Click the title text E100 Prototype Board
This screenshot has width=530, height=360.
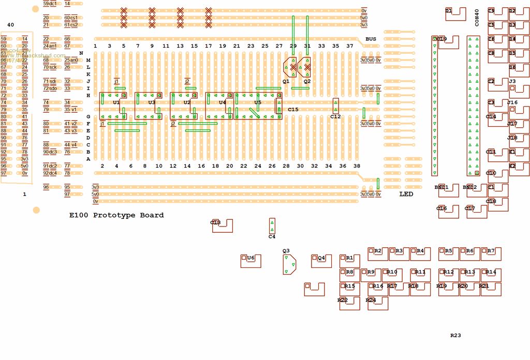click(x=116, y=215)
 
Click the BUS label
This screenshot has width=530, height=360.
click(x=371, y=39)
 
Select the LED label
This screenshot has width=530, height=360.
click(x=406, y=194)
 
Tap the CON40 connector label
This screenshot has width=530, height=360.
click(x=477, y=18)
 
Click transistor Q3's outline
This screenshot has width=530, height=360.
click(x=289, y=264)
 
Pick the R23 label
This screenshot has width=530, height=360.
click(x=455, y=336)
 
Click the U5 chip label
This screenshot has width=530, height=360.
click(x=258, y=102)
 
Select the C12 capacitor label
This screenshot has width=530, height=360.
click(x=335, y=117)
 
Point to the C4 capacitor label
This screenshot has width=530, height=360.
click(x=272, y=237)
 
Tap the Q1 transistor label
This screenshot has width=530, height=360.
click(x=286, y=82)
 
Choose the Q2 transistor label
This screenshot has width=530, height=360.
click(x=307, y=82)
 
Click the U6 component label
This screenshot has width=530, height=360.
click(x=251, y=258)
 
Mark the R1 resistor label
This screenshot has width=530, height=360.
click(x=349, y=258)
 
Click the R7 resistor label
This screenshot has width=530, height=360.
click(x=491, y=251)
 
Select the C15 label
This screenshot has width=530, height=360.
click(x=293, y=110)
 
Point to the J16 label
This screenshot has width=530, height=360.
click(x=512, y=103)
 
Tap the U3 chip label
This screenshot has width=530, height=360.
click(x=152, y=102)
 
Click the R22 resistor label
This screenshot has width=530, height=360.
click(x=342, y=300)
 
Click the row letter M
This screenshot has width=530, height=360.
click(x=88, y=61)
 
